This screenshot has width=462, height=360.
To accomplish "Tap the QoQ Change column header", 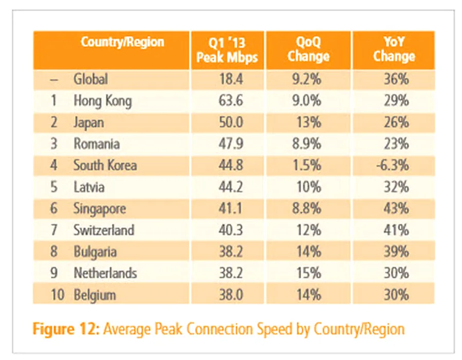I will point(308,50).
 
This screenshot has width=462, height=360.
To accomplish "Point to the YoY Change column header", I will point(394,50).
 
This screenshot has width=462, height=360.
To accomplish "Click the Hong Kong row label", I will point(102,101).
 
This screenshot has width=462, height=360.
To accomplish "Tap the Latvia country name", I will point(89,187).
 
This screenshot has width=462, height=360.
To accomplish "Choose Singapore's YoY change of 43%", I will point(398,209).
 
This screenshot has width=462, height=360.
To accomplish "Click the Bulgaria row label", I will point(95,251).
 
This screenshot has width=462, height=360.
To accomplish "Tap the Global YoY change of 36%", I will point(398,79).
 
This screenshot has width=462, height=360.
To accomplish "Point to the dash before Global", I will point(55,79).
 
